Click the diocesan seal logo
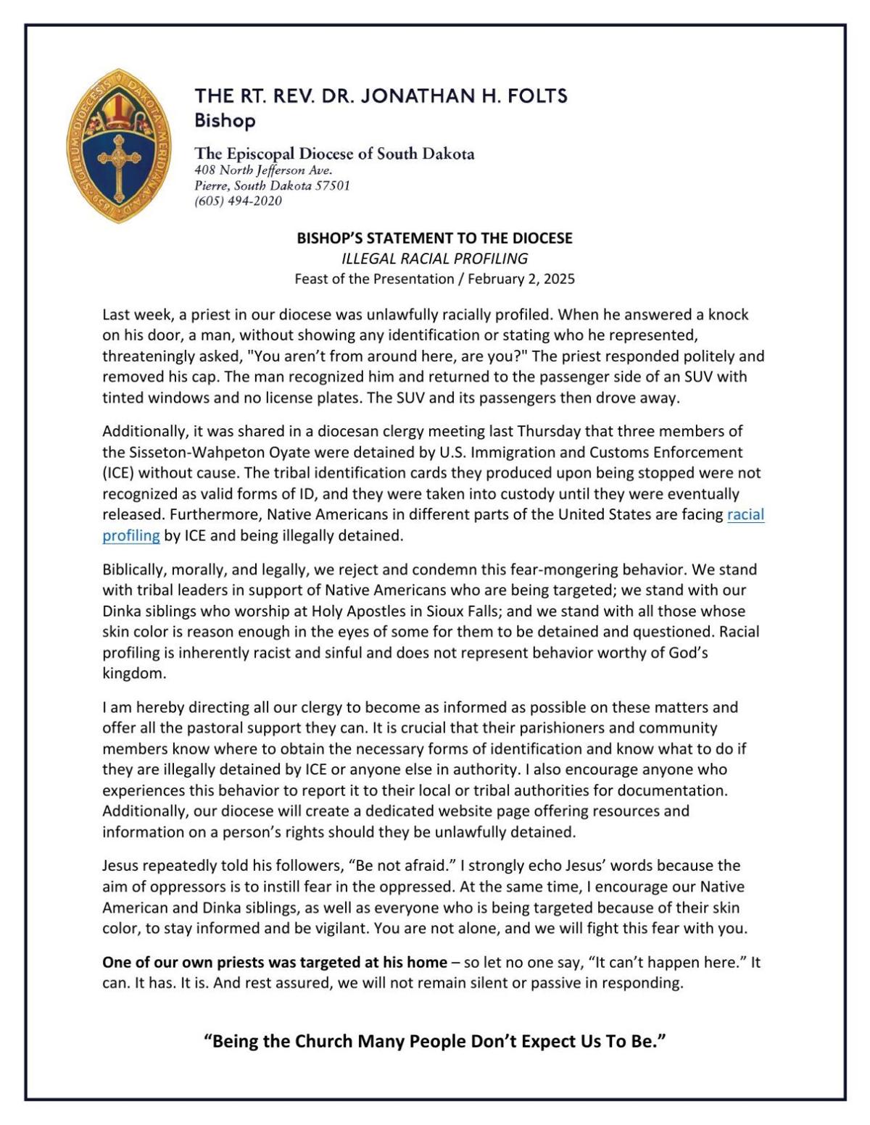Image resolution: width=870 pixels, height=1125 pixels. tap(118, 146)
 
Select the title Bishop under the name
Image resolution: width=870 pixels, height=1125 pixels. tap(225, 120)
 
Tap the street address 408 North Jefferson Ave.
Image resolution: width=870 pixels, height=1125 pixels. tap(263, 170)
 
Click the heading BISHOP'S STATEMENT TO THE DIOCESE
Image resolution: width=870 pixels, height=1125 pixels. tap(434, 238)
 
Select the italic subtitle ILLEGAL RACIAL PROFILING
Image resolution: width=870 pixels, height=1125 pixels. tap(434, 259)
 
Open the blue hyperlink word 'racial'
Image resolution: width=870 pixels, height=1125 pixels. tap(745, 514)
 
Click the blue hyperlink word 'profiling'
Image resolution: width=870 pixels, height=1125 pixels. tap(131, 535)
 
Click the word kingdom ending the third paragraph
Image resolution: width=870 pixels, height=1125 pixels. tap(134, 673)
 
